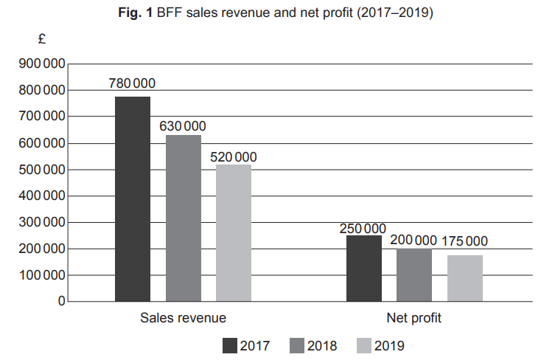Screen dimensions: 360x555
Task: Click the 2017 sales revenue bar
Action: point(133,199)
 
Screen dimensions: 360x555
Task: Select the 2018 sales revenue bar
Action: point(183,218)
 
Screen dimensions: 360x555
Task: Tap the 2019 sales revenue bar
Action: point(234,233)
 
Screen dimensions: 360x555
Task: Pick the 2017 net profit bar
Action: point(364,269)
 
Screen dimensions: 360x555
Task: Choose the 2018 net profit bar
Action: point(414,275)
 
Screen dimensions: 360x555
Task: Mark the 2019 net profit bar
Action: point(465,278)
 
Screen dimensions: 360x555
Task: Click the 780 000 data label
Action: point(133,84)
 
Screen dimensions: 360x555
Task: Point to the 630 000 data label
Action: point(183,125)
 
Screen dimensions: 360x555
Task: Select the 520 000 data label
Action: point(234,156)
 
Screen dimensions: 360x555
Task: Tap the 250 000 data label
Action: point(363,229)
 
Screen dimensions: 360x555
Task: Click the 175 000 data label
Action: point(464,241)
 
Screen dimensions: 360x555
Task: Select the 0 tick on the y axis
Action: point(61,302)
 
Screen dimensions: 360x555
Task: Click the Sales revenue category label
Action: point(183,319)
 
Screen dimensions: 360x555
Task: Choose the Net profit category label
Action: point(414,319)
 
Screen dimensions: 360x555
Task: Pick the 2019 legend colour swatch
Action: point(363,345)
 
